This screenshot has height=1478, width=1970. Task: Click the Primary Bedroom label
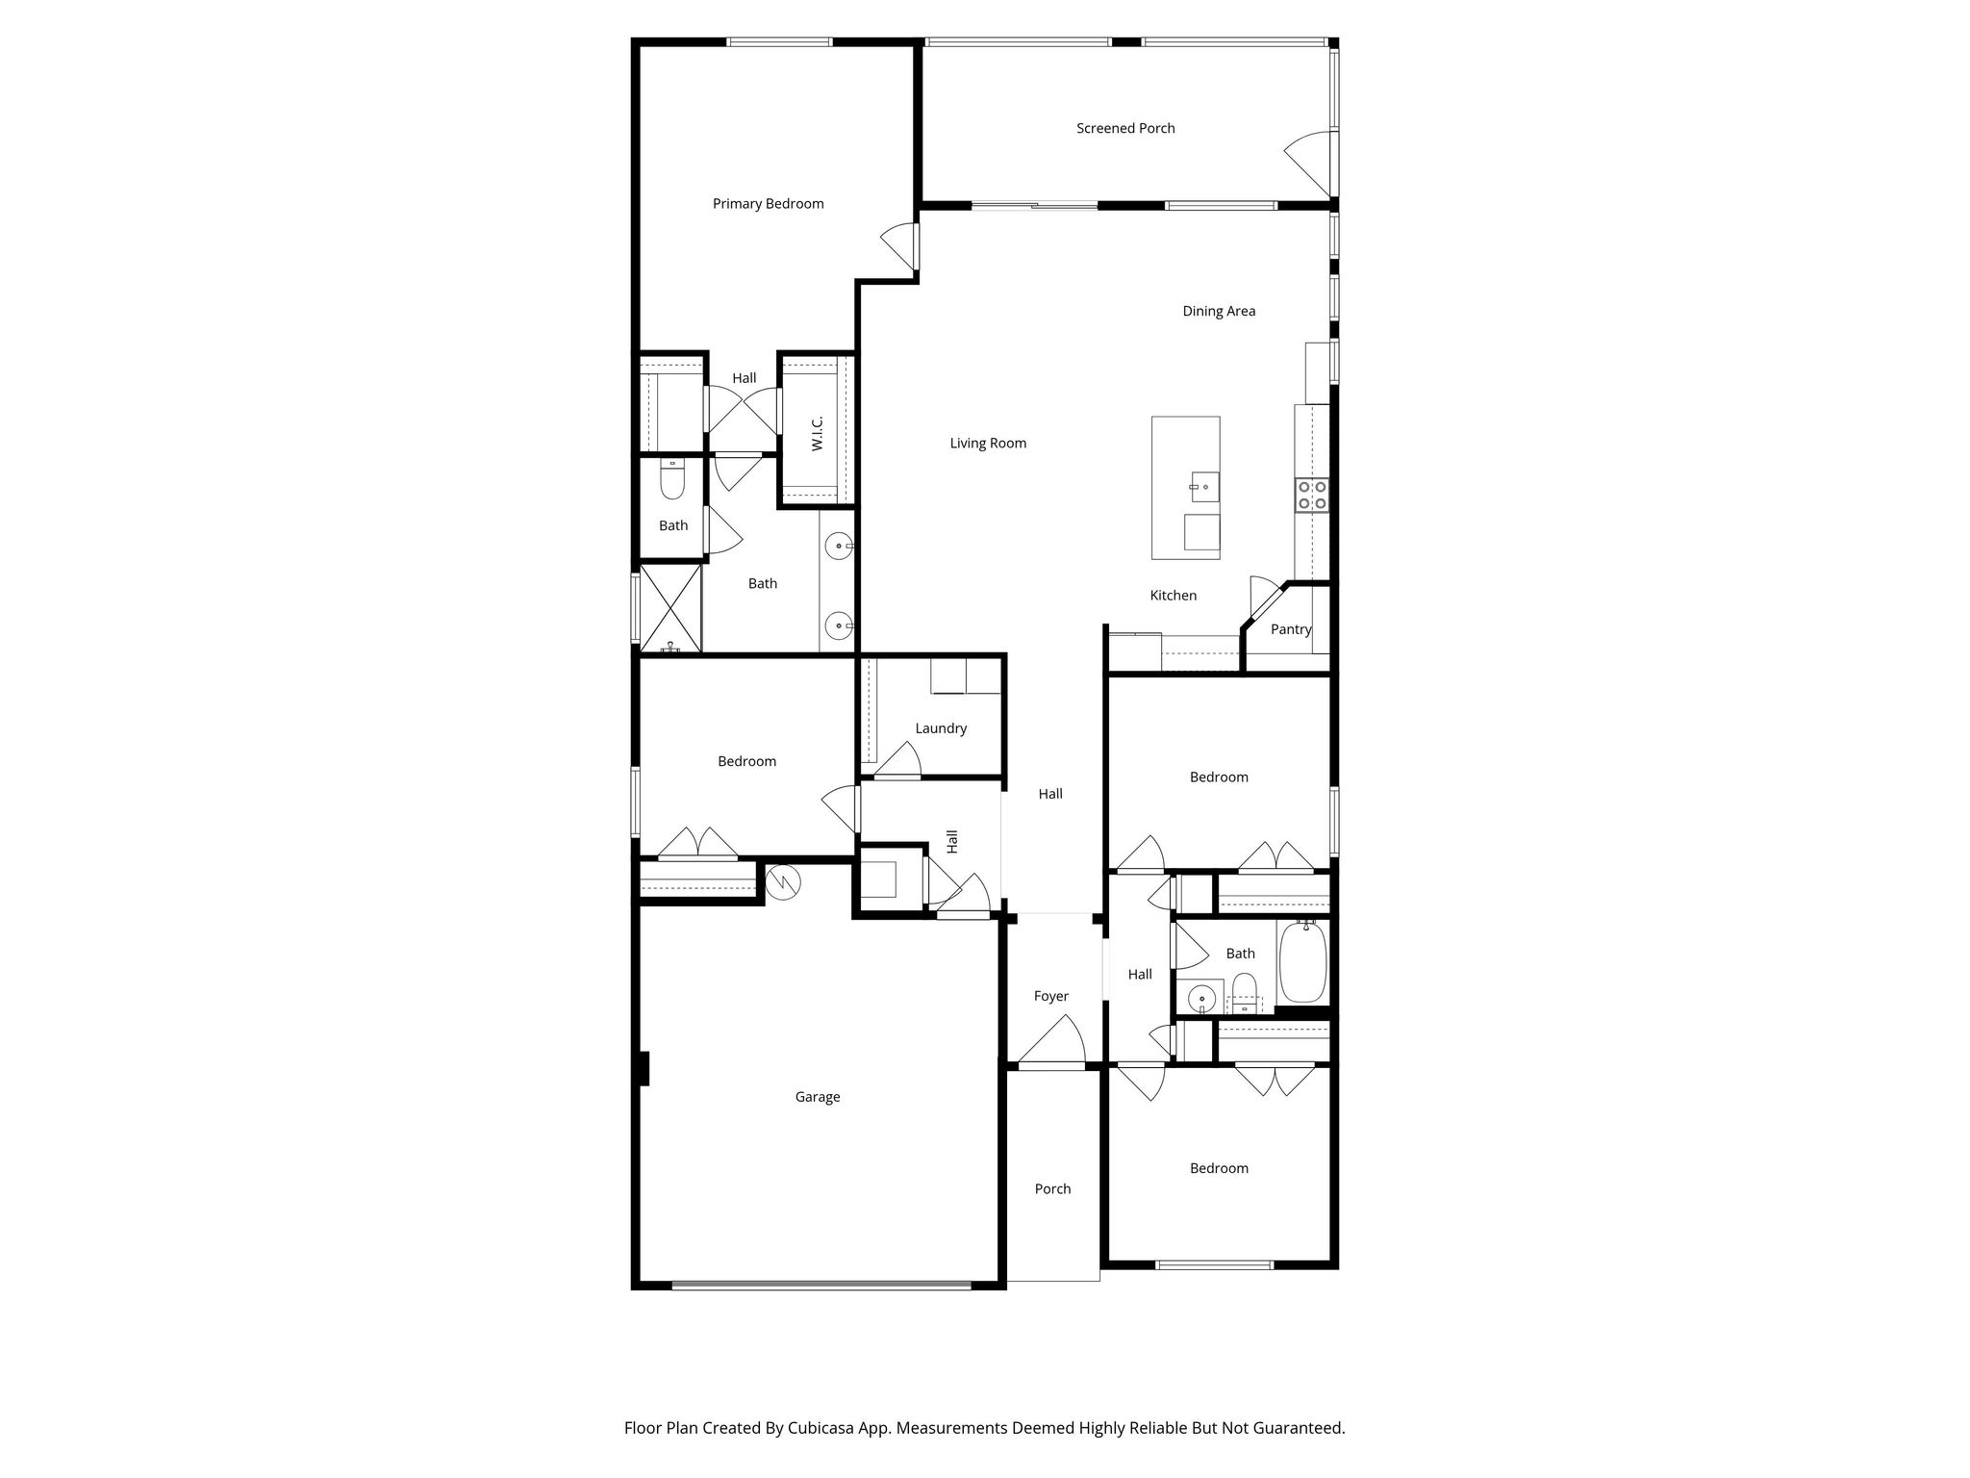pos(768,204)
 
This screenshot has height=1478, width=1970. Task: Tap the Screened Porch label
pos(1125,128)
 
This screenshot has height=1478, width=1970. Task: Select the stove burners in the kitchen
pos(1312,495)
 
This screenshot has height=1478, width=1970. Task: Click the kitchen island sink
pos(1204,487)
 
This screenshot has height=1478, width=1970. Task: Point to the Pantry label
pos(1290,629)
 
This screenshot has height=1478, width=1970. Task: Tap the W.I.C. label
pos(817,433)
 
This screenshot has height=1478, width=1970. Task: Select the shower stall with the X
pos(669,608)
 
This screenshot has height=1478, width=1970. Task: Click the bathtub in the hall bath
pos(1302,962)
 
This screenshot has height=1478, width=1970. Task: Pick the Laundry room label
pos(940,728)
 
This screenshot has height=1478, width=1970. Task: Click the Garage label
pos(817,1097)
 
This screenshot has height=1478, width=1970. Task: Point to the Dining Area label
pos(1219,311)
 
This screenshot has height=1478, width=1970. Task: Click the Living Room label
pos(988,444)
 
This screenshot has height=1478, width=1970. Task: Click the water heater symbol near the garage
pos(783,880)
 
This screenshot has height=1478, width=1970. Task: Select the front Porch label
pos(1052,1189)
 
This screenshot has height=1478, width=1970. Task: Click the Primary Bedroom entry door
pos(900,245)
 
